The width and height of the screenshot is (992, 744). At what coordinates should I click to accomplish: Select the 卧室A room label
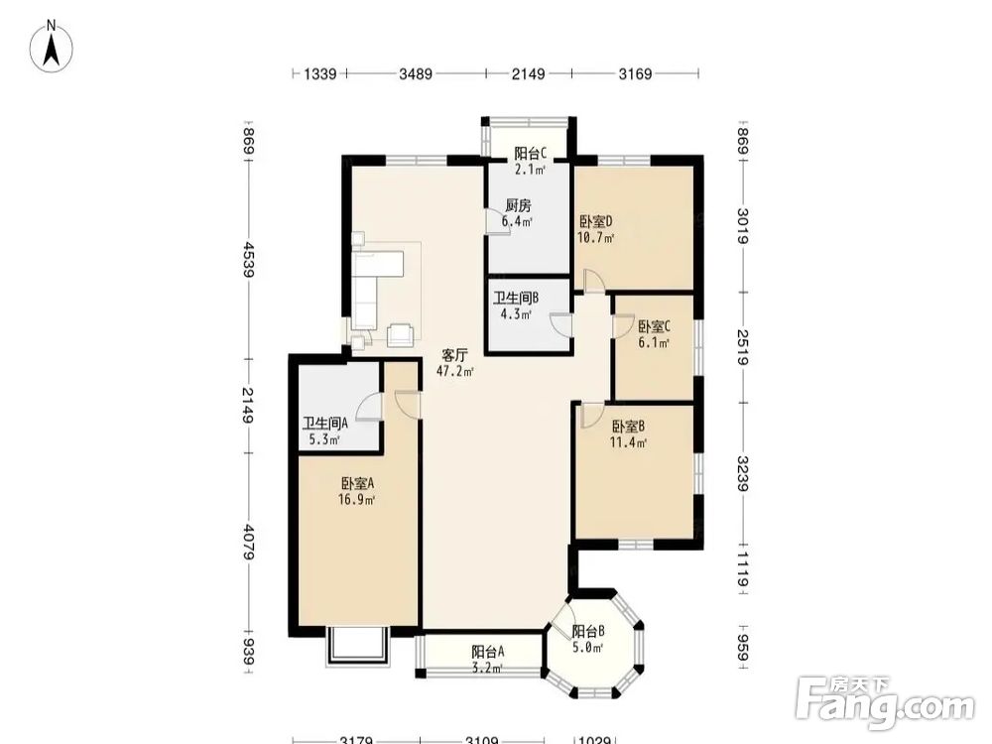(x=358, y=484)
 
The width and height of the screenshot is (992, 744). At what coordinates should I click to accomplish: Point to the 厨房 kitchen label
(x=518, y=205)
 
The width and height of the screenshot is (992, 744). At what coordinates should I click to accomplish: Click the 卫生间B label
(x=516, y=298)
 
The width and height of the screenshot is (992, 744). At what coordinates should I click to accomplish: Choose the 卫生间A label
(x=325, y=424)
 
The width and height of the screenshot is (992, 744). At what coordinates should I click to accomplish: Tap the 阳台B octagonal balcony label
(x=588, y=631)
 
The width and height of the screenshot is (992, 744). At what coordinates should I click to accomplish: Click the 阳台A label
(x=488, y=652)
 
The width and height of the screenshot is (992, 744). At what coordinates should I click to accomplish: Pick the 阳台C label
(x=530, y=153)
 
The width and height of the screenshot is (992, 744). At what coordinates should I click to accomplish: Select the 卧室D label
(x=596, y=222)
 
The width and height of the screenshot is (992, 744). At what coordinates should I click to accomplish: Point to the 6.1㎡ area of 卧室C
(x=653, y=343)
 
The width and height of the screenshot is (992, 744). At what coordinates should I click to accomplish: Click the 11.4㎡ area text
(x=628, y=442)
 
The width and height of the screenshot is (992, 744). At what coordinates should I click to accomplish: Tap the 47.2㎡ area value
(x=455, y=371)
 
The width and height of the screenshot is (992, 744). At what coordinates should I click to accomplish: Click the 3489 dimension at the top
(x=416, y=74)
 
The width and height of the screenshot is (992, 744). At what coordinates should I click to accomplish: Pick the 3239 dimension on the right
(x=742, y=474)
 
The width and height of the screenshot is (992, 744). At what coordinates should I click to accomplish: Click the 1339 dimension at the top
(x=320, y=74)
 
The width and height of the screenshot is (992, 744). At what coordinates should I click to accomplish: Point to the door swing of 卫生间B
(x=560, y=323)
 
